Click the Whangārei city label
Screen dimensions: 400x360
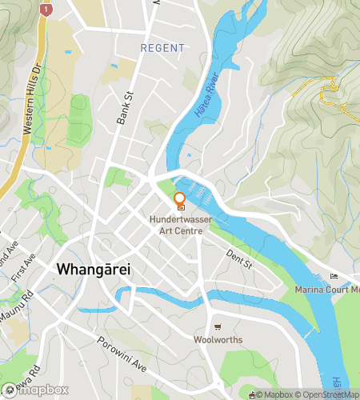click(x=94, y=270)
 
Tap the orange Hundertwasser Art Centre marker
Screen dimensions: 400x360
click(x=179, y=201)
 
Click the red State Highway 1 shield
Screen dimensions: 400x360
click(x=47, y=10)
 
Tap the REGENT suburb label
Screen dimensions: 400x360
click(x=162, y=49)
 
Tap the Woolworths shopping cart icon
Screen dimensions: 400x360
click(x=218, y=327)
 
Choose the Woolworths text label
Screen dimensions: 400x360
click(x=218, y=340)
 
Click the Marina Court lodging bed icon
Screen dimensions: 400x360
click(x=334, y=277)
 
